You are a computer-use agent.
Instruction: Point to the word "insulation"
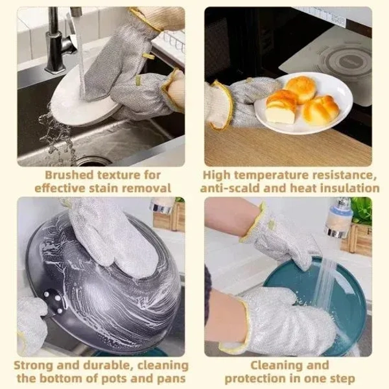tap(347, 189)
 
